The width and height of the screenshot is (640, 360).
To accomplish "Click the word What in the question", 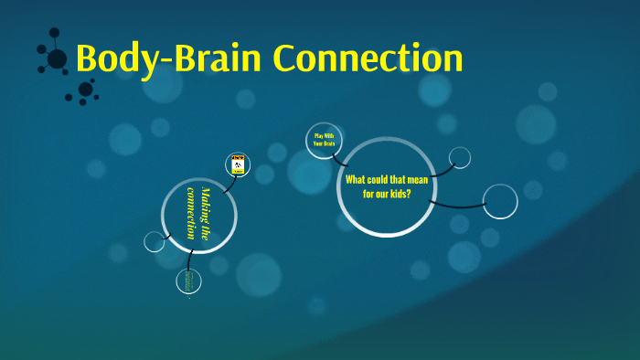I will pos(356,179).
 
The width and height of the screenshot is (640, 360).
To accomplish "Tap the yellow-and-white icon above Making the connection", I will pos(237,164).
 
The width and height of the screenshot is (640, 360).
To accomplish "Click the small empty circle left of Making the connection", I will pos(155,241).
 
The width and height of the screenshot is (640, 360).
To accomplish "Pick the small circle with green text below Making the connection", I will pos(188,281).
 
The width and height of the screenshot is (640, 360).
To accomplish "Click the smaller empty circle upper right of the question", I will pos(460,157).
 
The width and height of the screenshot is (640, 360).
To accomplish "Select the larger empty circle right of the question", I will pos(500,201).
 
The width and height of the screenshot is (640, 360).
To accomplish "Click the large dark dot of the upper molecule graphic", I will pos(57,59).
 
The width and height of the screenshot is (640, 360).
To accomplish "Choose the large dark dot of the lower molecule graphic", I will pos(85,89).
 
